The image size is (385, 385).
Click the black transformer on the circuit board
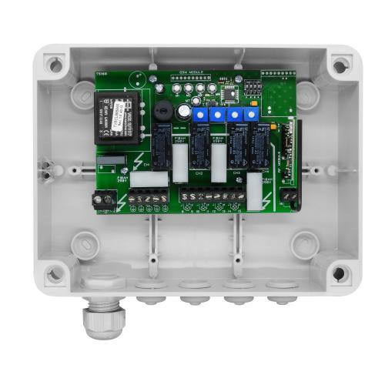click(x=118, y=114)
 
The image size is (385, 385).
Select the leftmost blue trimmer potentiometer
click(x=199, y=115)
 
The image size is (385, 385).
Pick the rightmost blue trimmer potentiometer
click(x=252, y=115)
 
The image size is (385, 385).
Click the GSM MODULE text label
click(x=190, y=73)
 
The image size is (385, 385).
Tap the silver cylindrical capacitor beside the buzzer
click(x=185, y=111)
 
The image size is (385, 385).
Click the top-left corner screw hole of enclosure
click(x=54, y=65)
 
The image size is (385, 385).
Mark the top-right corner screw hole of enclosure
click(x=340, y=65)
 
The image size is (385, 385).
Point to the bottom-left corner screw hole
click(x=55, y=273)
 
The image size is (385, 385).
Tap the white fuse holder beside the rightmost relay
click(x=254, y=190)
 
